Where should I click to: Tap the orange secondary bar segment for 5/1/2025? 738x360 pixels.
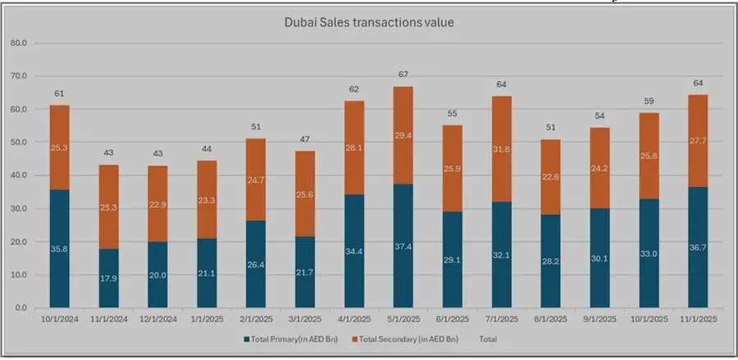tap(403, 123)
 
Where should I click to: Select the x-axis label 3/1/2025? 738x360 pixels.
tap(305, 318)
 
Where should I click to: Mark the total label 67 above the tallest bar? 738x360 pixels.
tap(403, 75)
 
